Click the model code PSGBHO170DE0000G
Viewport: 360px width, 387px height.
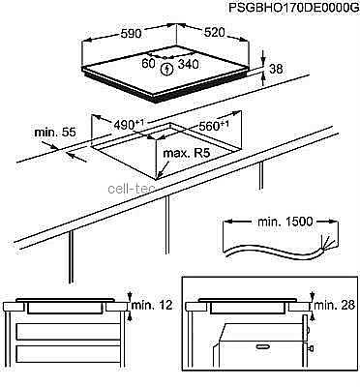(293, 8)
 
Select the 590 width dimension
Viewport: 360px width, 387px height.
(131, 33)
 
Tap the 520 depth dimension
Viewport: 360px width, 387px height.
(214, 32)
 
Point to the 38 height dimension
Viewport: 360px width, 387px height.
(275, 69)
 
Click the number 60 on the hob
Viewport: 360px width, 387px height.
(148, 64)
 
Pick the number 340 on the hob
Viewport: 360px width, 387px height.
(189, 64)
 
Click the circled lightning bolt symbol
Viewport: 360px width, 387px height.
(167, 69)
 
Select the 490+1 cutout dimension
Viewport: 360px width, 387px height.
(129, 124)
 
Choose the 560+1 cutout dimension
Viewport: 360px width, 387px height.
(214, 126)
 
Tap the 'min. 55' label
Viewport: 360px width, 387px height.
(55, 132)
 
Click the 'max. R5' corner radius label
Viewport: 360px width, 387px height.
(187, 153)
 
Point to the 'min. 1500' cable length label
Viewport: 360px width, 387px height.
(285, 222)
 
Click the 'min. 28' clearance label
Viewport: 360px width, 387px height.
(334, 305)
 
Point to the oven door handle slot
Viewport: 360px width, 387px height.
(263, 346)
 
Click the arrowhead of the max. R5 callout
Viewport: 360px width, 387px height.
(159, 177)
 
